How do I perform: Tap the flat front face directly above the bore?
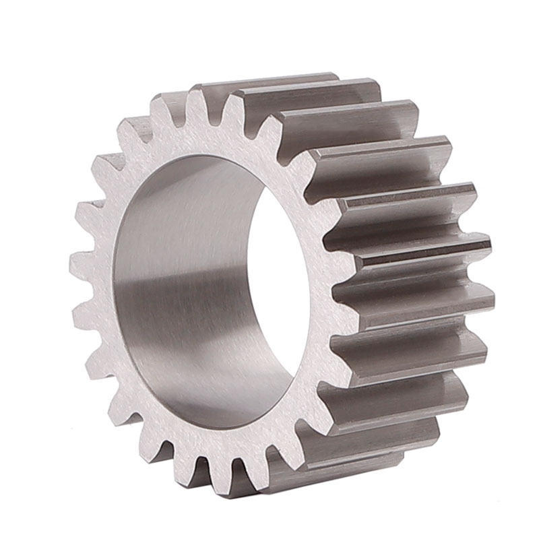click(x=202, y=138)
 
